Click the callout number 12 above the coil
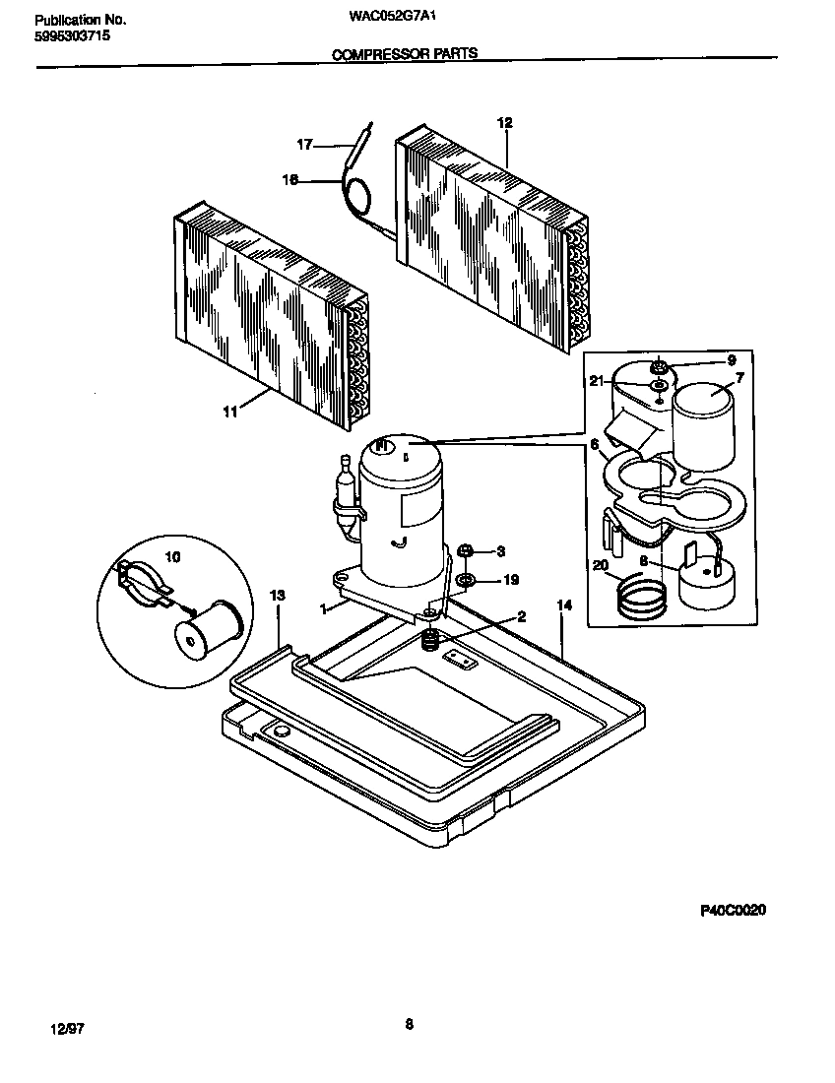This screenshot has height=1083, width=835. (x=505, y=123)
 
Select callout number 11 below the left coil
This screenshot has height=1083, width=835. (x=230, y=414)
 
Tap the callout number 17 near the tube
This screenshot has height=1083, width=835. (x=305, y=145)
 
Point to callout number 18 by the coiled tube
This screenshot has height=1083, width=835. (x=290, y=180)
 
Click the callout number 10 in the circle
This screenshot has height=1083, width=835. (x=172, y=557)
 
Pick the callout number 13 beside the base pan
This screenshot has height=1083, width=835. (x=278, y=596)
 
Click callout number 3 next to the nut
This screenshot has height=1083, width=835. (x=500, y=550)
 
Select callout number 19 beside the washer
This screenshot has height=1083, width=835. (x=511, y=580)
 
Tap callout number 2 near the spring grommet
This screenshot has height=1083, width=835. (x=521, y=617)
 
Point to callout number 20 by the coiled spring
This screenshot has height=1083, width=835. (x=601, y=565)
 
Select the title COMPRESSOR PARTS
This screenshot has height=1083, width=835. (x=405, y=55)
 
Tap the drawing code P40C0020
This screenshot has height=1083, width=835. (x=733, y=911)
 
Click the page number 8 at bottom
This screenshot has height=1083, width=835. (x=409, y=1024)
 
